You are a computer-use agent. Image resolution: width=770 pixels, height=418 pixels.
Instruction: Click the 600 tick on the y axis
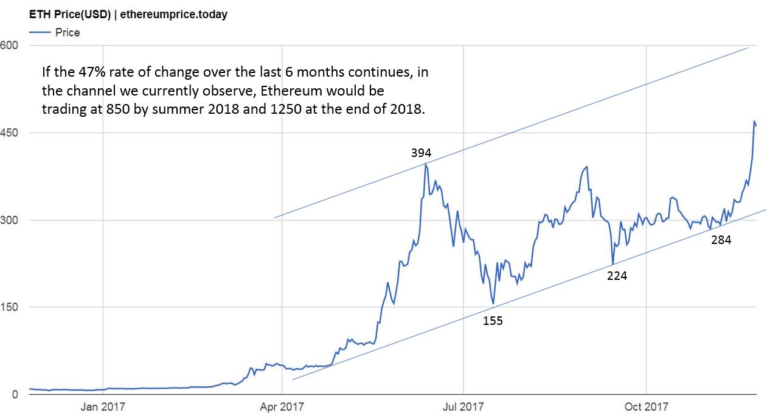pyautogui.click(x=9, y=45)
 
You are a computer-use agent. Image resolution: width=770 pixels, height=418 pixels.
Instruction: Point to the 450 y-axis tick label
pyautogui.click(x=9, y=133)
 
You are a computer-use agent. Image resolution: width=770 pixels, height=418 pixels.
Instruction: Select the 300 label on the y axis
pyautogui.click(x=9, y=220)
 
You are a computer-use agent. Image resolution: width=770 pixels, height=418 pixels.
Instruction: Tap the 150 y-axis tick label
pyautogui.click(x=9, y=307)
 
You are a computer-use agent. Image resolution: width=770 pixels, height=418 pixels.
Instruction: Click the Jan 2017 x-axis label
pyautogui.click(x=102, y=406)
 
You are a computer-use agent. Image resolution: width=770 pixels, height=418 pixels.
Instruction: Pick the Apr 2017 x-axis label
pyautogui.click(x=282, y=406)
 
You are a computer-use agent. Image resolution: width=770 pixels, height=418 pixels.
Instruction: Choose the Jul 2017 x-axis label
pyautogui.click(x=463, y=406)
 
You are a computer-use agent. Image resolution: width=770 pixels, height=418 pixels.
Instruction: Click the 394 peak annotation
pyautogui.click(x=421, y=153)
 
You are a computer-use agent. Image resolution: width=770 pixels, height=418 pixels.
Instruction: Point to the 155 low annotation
pyautogui.click(x=493, y=321)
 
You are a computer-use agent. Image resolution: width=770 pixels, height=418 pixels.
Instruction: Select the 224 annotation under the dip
pyautogui.click(x=617, y=276)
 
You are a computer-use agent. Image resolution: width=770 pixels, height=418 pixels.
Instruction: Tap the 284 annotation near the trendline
pyautogui.click(x=721, y=240)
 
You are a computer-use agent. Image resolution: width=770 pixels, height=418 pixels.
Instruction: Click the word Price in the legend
pyautogui.click(x=68, y=32)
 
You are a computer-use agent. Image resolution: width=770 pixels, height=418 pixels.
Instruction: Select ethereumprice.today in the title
pyautogui.click(x=174, y=15)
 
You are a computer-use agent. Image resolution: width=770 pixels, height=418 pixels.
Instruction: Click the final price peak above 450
pyautogui.click(x=755, y=122)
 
